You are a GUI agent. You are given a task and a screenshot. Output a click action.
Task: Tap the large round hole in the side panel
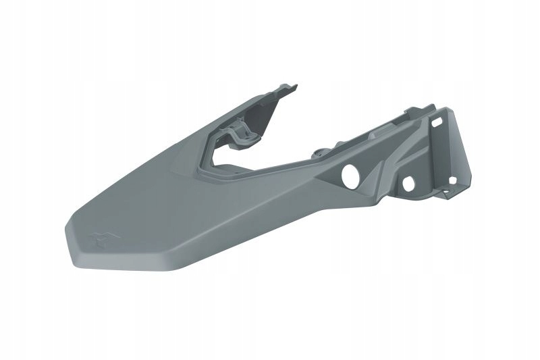coord(351,176)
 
